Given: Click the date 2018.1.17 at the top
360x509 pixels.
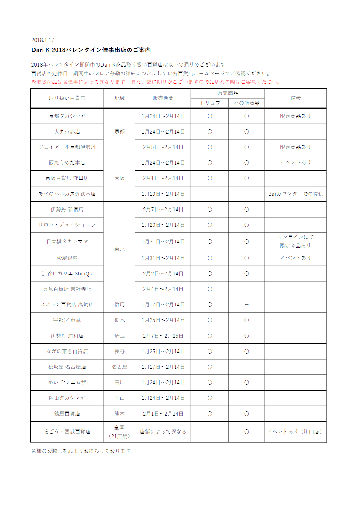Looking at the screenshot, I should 43,40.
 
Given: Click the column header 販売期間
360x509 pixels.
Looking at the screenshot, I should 163,98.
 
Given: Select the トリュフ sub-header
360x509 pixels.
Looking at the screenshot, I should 210,103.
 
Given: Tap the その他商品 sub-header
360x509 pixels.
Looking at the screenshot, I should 246,103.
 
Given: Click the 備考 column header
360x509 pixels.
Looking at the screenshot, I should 295,98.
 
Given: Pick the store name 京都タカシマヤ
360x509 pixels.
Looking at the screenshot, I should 67,116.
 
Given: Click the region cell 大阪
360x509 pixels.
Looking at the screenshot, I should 119,178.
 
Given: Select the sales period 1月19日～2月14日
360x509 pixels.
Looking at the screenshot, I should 163,194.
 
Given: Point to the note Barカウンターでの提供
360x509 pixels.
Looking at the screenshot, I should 295,194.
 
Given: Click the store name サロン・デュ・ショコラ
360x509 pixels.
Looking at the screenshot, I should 67,225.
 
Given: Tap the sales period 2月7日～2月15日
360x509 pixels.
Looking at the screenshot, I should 163,336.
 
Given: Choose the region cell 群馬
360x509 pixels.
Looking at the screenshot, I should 119,304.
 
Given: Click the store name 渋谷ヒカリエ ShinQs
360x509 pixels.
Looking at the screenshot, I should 67,273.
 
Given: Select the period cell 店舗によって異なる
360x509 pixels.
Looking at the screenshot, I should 163,432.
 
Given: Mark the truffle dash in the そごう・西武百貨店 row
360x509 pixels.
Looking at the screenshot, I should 210,432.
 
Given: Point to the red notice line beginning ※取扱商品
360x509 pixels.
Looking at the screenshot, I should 156,82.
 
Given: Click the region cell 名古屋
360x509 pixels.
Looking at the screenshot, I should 119,367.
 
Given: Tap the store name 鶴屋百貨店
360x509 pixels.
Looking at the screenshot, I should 67,414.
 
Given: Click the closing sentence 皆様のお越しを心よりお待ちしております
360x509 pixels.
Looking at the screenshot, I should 83,451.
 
